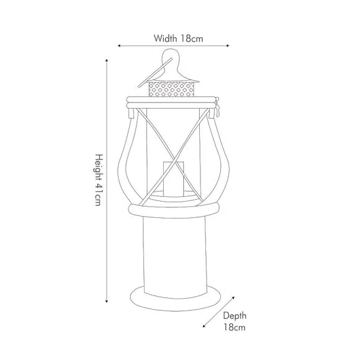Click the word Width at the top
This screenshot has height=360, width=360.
(x=166, y=38)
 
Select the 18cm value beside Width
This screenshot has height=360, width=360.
(x=192, y=38)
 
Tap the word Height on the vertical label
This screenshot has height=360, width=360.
(x=98, y=168)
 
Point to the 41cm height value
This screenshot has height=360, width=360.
(x=98, y=198)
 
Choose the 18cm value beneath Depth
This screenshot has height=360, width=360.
(x=234, y=327)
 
